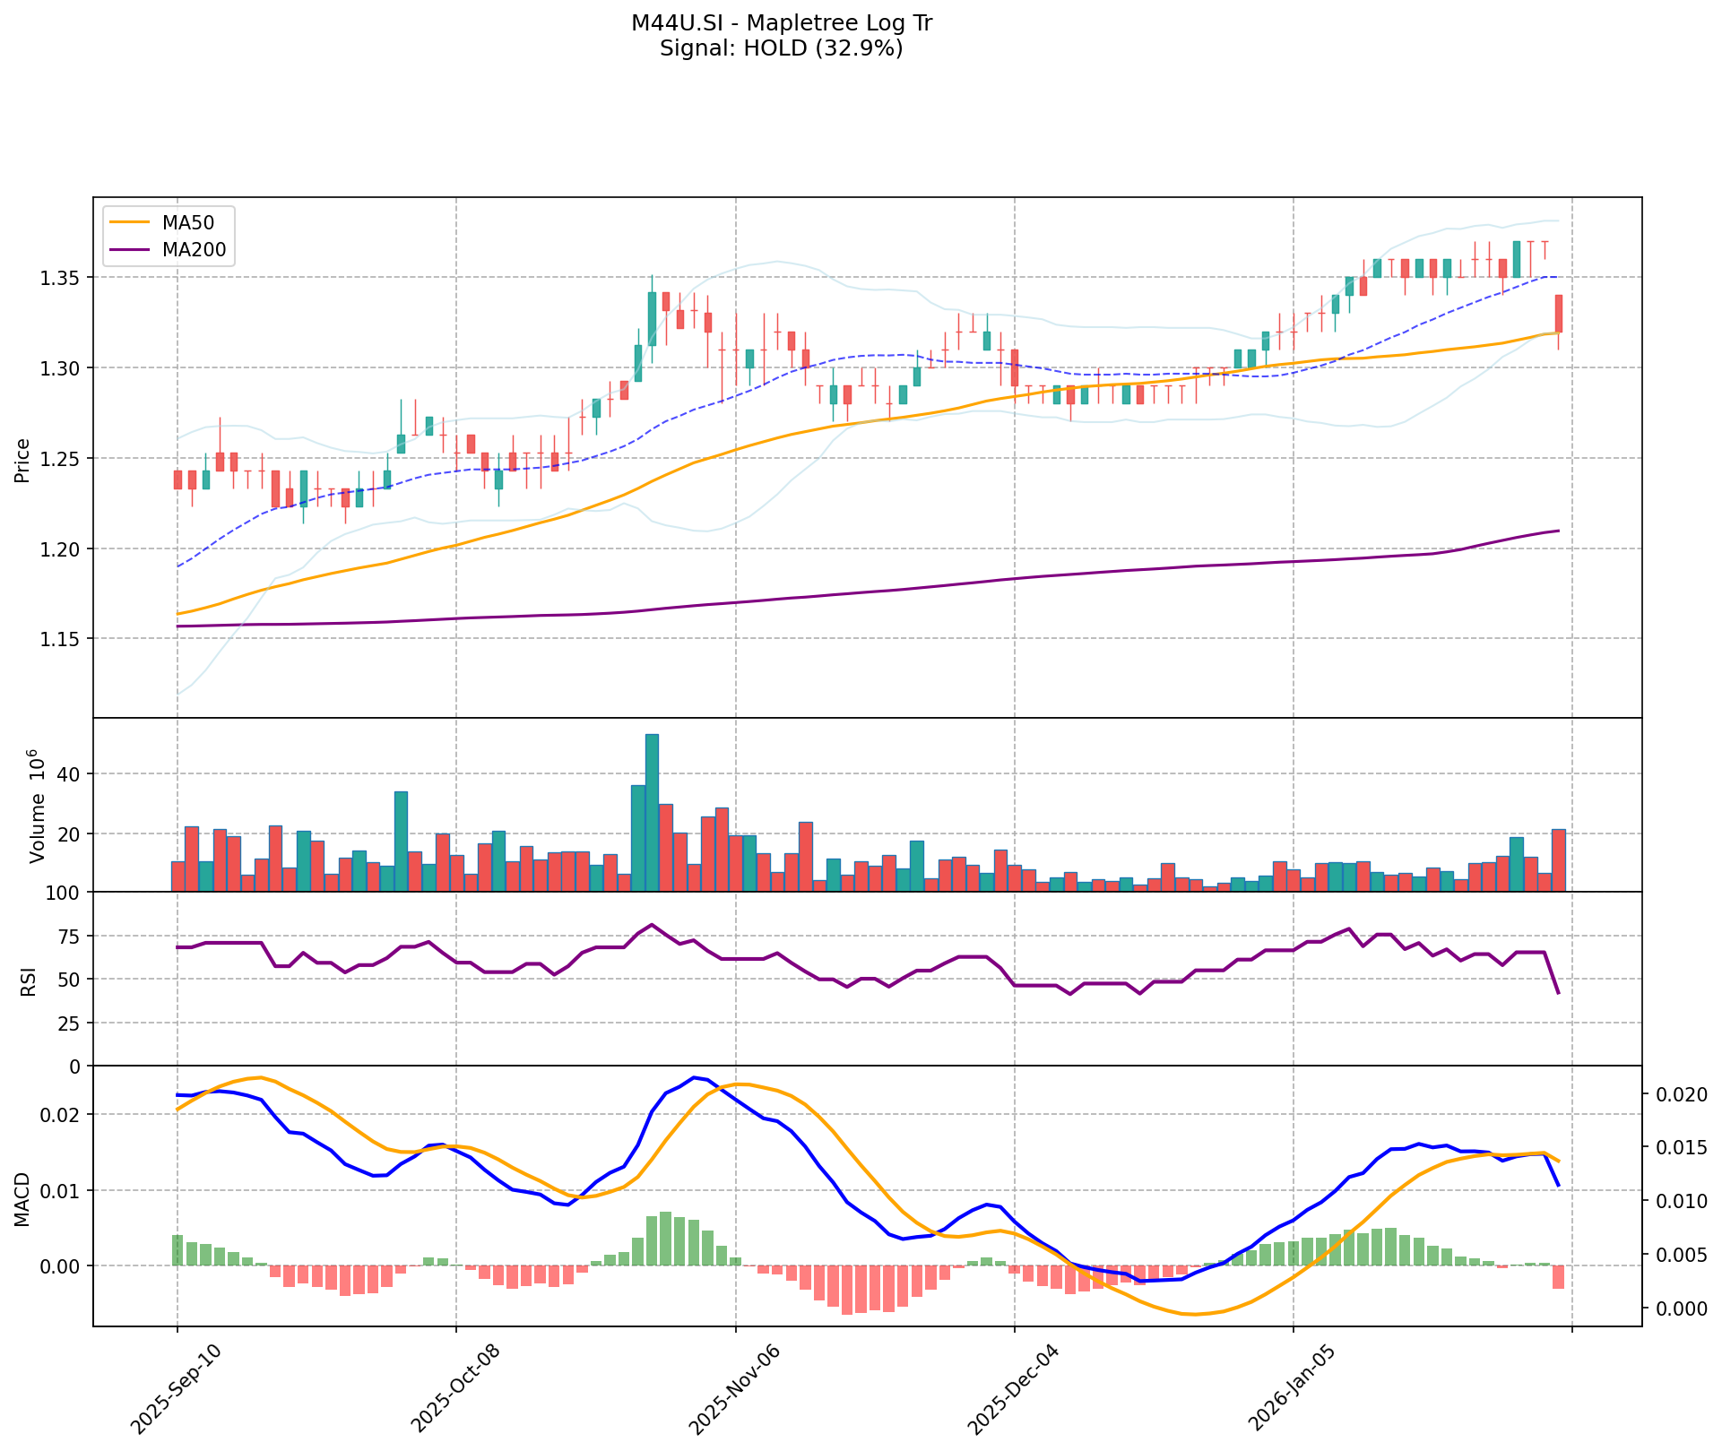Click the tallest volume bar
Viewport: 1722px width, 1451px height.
click(x=652, y=812)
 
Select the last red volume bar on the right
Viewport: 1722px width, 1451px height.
click(x=1558, y=859)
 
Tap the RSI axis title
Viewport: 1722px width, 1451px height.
click(x=29, y=980)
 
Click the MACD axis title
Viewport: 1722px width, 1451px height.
click(x=23, y=1199)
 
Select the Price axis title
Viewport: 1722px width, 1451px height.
click(x=23, y=460)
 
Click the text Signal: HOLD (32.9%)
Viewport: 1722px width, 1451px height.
click(x=781, y=48)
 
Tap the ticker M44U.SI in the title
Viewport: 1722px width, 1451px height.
click(x=671, y=23)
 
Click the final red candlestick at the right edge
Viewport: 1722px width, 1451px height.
click(x=1559, y=314)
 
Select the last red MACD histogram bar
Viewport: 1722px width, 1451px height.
click(x=1558, y=1277)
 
